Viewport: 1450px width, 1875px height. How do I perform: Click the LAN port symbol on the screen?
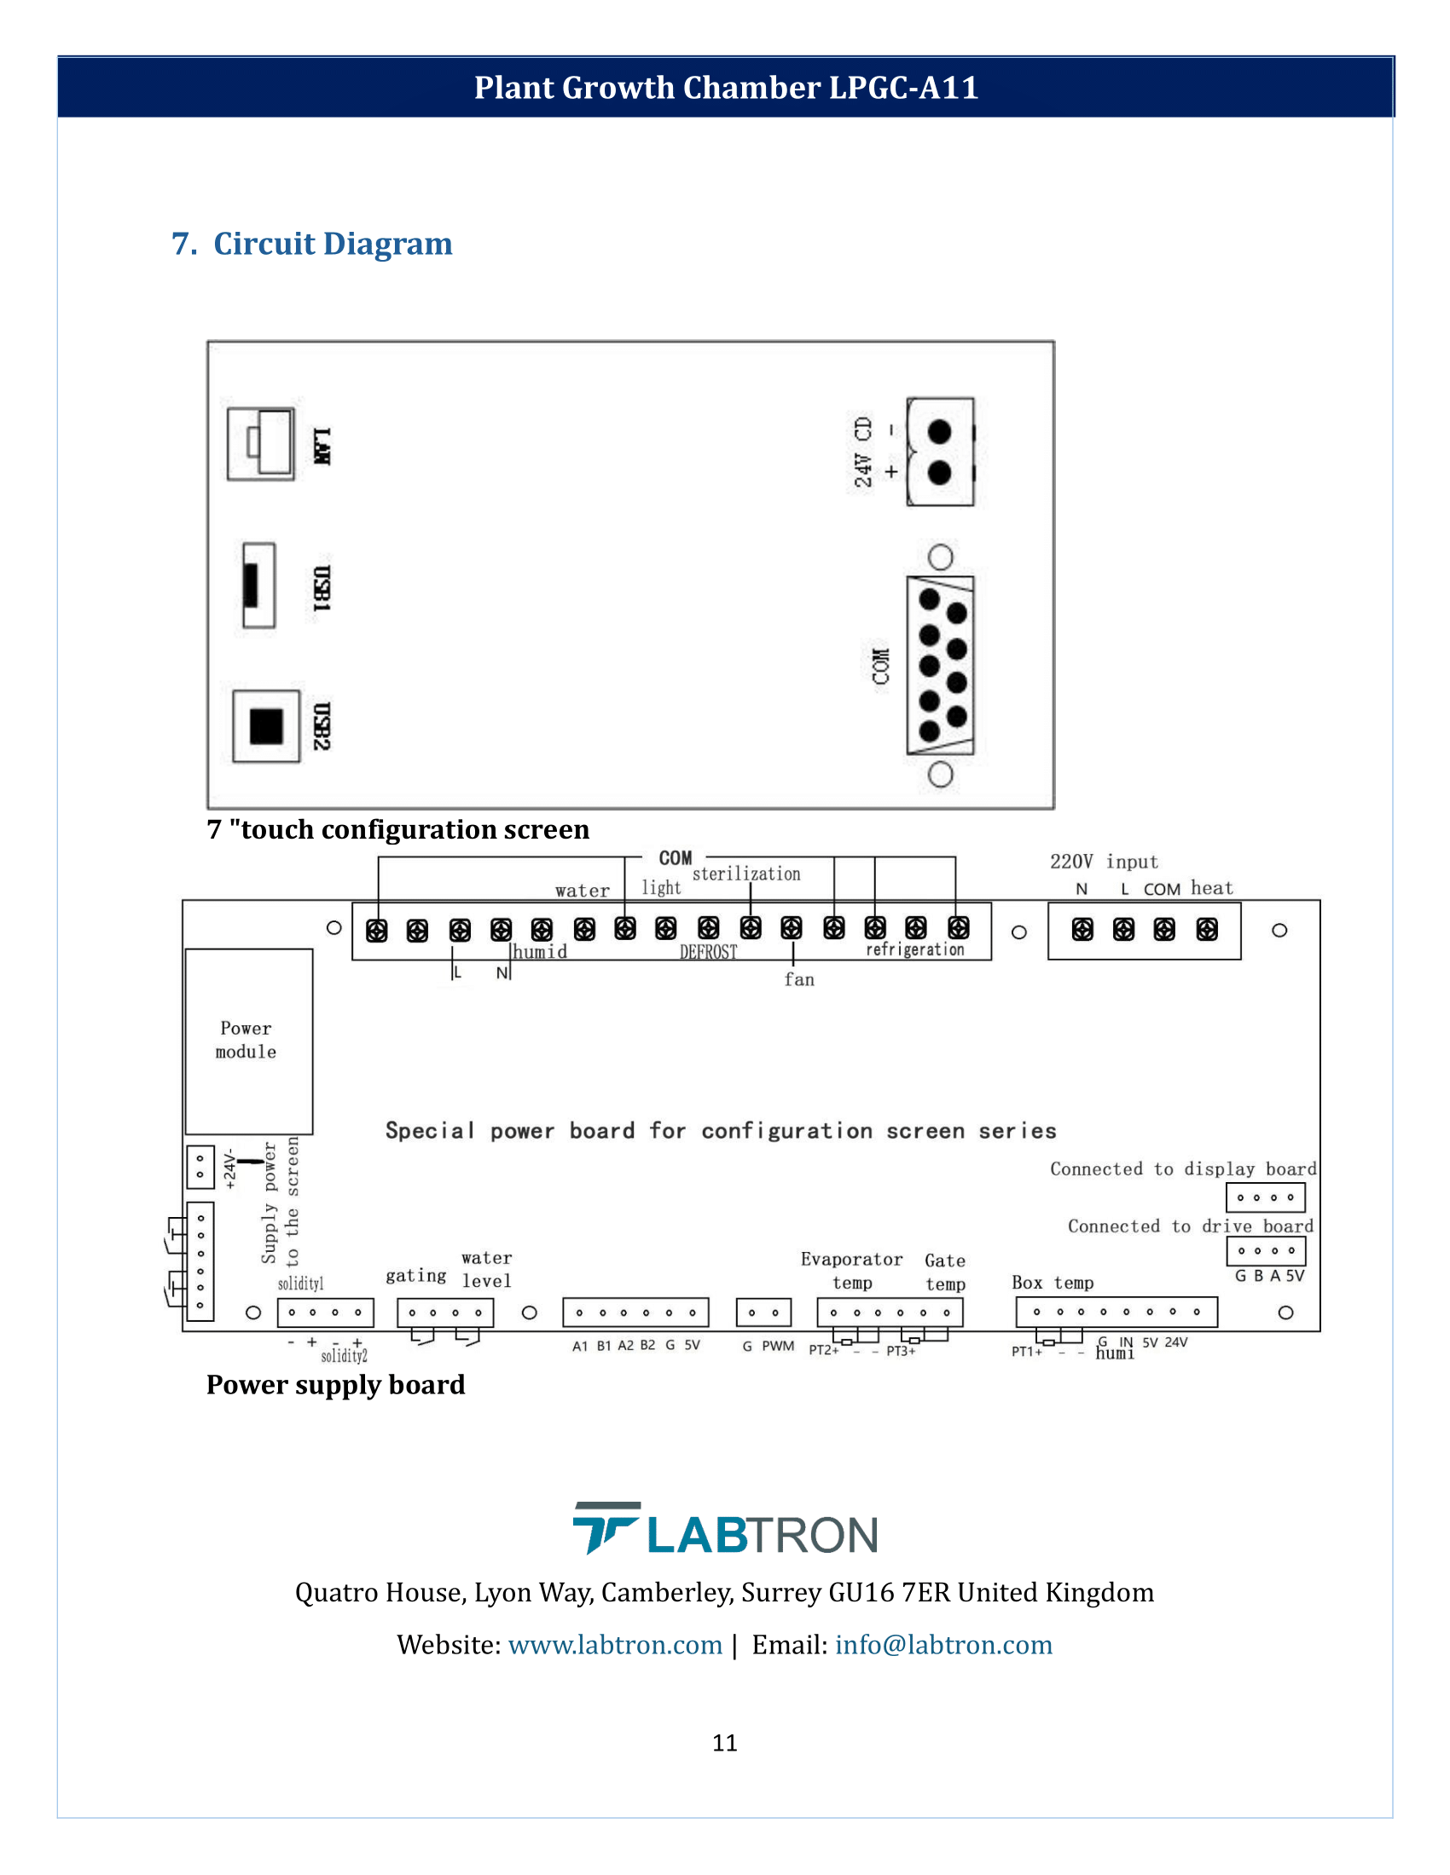click(x=261, y=444)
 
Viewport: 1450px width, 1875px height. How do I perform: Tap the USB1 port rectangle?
click(x=258, y=586)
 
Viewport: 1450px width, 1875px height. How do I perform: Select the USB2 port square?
click(x=266, y=725)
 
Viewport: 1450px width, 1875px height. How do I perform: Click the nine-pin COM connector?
click(x=941, y=666)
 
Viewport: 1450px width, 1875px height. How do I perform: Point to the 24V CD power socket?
click(x=940, y=452)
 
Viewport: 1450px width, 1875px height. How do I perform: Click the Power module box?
click(x=248, y=1041)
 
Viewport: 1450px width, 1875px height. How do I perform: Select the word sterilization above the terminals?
click(x=745, y=874)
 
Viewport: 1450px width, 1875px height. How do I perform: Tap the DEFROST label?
click(x=708, y=952)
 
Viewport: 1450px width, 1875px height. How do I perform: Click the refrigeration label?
click(x=915, y=949)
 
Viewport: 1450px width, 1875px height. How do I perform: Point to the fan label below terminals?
click(x=799, y=979)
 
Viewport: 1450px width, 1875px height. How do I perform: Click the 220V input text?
click(x=1104, y=861)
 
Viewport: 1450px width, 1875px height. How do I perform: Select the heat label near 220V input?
click(x=1211, y=889)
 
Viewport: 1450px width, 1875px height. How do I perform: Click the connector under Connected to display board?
click(x=1265, y=1197)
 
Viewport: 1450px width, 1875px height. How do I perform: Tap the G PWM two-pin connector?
click(x=763, y=1312)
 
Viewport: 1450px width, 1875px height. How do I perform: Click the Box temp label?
click(x=1053, y=1283)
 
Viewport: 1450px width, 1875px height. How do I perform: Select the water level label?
click(x=486, y=1270)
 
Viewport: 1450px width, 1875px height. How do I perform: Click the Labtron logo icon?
click(x=606, y=1527)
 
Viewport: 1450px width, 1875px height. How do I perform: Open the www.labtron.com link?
click(x=615, y=1645)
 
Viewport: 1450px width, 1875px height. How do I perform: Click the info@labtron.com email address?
click(x=943, y=1645)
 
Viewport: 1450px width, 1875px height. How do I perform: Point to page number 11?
click(x=724, y=1743)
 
